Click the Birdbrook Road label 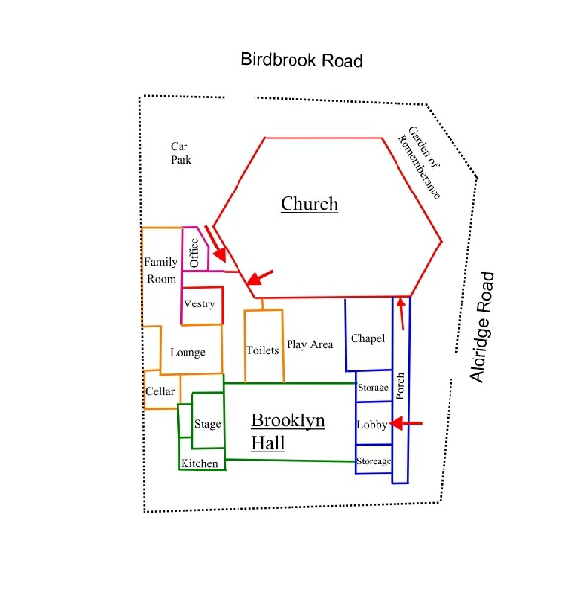click(x=301, y=60)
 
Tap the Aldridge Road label click(x=482, y=327)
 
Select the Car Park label click(x=181, y=153)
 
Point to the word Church click(x=309, y=204)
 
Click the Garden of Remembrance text click(x=419, y=162)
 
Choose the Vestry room click(x=201, y=305)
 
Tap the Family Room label click(x=161, y=270)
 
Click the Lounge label click(x=188, y=352)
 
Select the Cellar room click(x=162, y=390)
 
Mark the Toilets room click(x=264, y=347)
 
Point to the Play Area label click(x=309, y=344)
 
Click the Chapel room click(x=369, y=334)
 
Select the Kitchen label click(x=199, y=463)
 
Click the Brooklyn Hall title click(x=288, y=431)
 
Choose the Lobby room click(x=374, y=423)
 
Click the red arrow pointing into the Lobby click(x=405, y=424)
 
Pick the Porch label click(x=400, y=386)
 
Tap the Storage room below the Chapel click(x=374, y=386)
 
